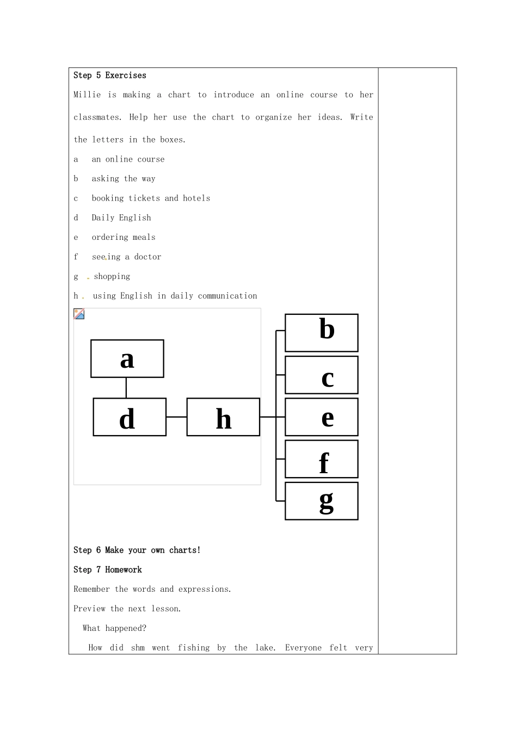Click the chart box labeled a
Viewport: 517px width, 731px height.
[x=127, y=358]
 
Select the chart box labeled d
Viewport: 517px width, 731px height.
[x=130, y=417]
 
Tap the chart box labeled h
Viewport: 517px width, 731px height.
[x=223, y=417]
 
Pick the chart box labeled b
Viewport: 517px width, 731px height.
[x=322, y=332]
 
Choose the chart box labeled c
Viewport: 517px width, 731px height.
[x=322, y=375]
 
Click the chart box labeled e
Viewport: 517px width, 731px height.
[x=322, y=417]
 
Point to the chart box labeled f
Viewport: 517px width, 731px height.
[x=322, y=459]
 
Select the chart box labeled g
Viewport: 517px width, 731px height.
[x=322, y=501]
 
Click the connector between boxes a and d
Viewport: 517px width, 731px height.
[x=126, y=388]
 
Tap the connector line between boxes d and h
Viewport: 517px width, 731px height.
[x=176, y=417]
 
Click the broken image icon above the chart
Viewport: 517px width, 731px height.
[x=79, y=314]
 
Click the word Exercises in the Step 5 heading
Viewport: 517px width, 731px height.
[x=126, y=76]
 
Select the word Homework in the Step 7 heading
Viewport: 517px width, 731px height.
[x=124, y=570]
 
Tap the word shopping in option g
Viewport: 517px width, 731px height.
[x=112, y=276]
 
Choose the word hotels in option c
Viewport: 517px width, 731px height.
[x=196, y=198]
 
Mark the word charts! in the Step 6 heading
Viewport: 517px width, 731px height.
[x=185, y=550]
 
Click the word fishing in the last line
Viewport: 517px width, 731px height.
[x=194, y=648]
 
